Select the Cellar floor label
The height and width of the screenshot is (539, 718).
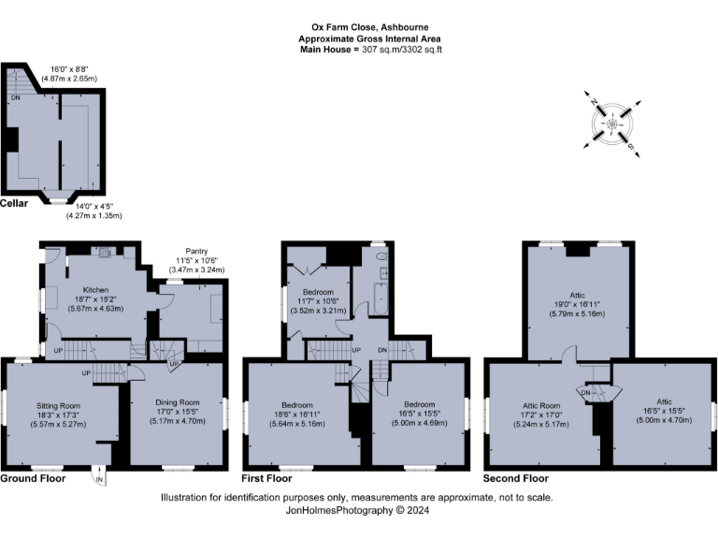[14, 203]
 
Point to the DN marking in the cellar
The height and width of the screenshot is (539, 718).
[15, 96]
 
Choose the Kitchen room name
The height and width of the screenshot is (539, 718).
[97, 291]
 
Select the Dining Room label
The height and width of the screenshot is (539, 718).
[177, 402]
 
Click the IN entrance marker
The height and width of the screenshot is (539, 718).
[101, 480]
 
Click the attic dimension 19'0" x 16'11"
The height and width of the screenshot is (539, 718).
[577, 303]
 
